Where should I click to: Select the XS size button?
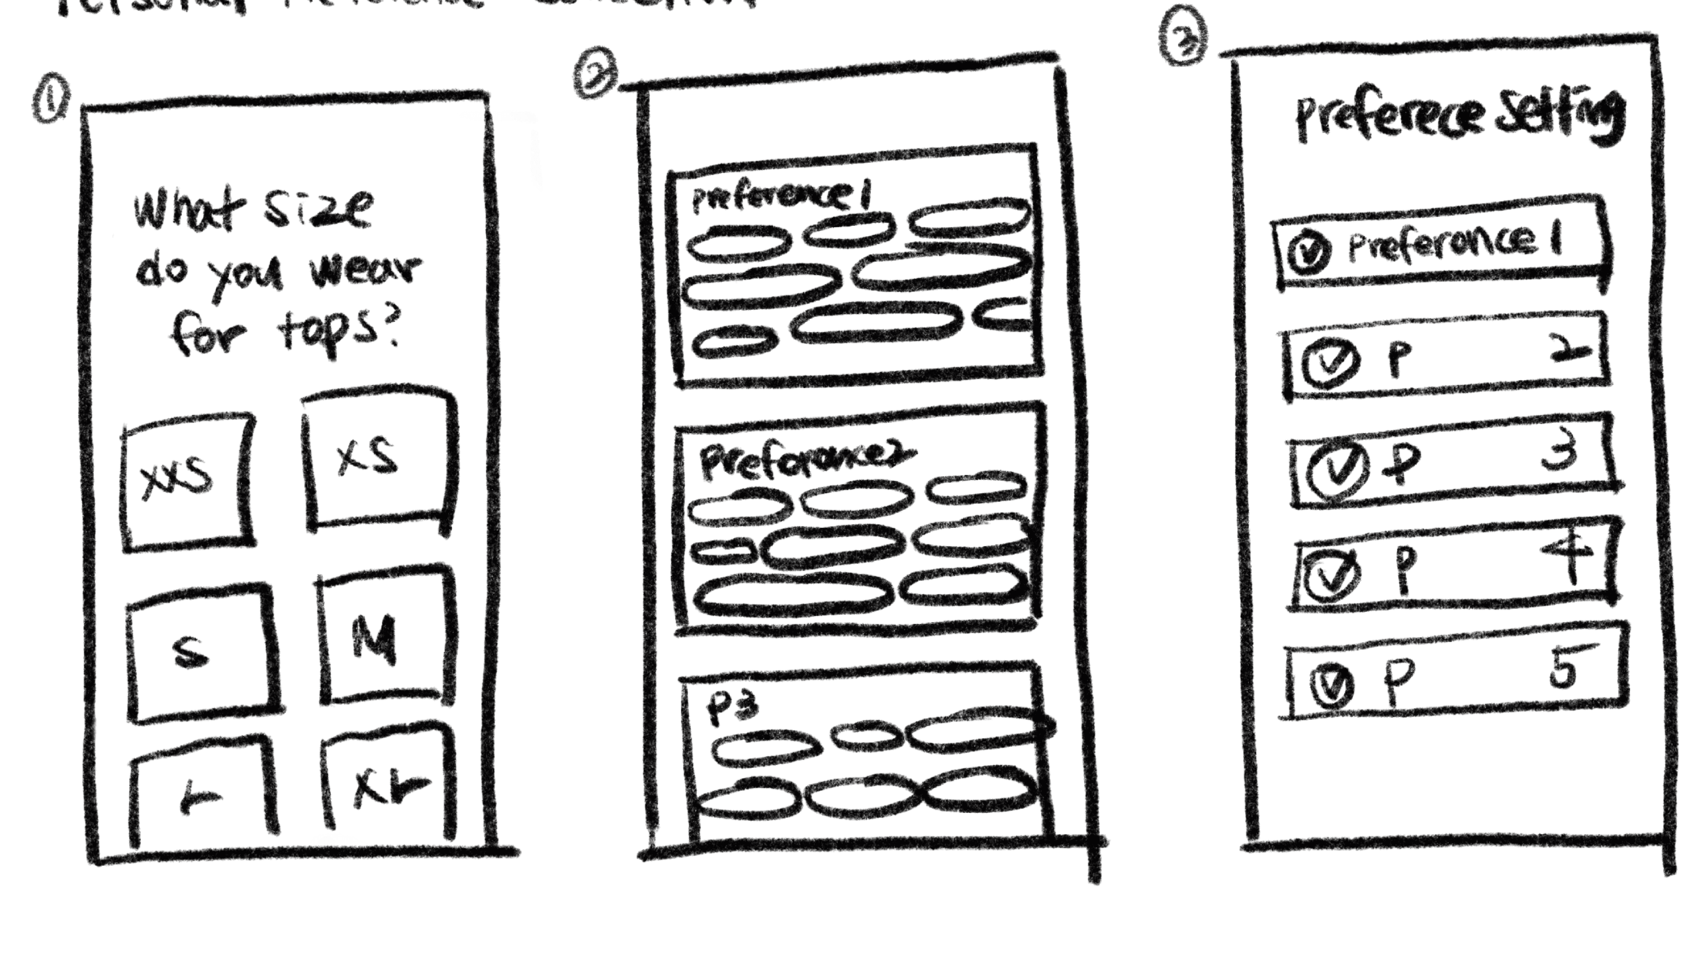(x=378, y=461)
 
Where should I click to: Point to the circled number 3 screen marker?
(x=1183, y=36)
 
